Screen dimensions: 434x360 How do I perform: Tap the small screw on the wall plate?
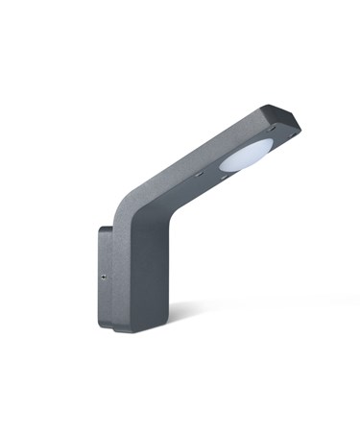[x=103, y=275]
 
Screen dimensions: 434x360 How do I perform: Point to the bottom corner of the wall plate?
[x=112, y=327]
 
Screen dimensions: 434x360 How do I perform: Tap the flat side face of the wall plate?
[x=103, y=288]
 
